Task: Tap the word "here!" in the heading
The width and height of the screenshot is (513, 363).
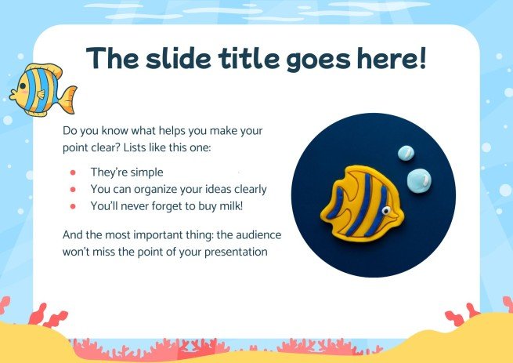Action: tap(388, 60)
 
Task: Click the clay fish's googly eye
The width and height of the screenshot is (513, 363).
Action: tap(386, 210)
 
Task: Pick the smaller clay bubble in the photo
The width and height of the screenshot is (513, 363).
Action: tap(406, 154)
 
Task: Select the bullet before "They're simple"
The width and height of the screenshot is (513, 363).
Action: tap(73, 172)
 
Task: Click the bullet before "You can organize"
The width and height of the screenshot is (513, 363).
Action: tap(73, 189)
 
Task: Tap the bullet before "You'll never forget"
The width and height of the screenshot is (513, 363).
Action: tap(73, 205)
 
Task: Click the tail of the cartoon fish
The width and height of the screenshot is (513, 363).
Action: tap(68, 100)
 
